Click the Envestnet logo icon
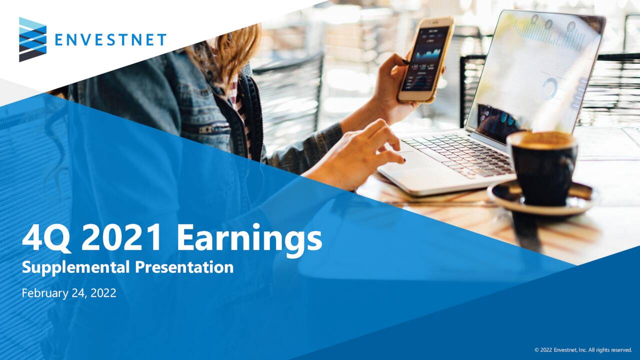point(32,39)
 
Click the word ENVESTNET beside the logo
point(110,40)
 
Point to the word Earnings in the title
point(249,239)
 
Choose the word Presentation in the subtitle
point(184,267)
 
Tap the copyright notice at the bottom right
point(583,350)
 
